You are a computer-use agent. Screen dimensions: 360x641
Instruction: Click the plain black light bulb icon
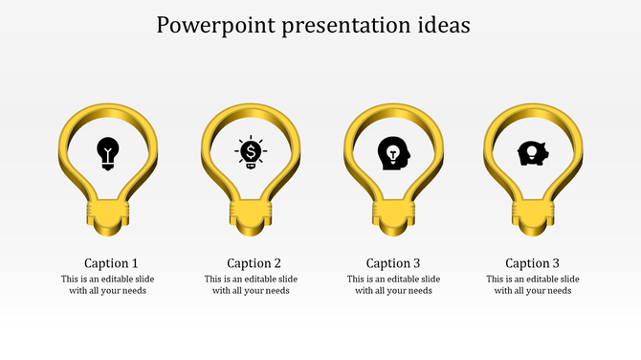(109, 152)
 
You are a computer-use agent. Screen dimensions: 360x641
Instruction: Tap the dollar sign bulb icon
(251, 152)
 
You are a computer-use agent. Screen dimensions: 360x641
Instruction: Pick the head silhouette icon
(392, 153)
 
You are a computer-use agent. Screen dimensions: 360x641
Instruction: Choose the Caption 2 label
(254, 263)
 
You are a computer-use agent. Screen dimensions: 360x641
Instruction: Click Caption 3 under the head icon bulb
(393, 263)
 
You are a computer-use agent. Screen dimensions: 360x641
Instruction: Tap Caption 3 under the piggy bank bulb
(533, 263)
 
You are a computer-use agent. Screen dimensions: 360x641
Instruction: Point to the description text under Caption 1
(108, 285)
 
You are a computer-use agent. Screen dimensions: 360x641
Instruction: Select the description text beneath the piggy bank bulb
(532, 285)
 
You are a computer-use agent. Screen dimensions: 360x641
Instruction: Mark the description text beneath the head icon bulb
(393, 285)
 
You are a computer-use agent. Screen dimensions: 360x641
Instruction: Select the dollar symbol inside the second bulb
(251, 151)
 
